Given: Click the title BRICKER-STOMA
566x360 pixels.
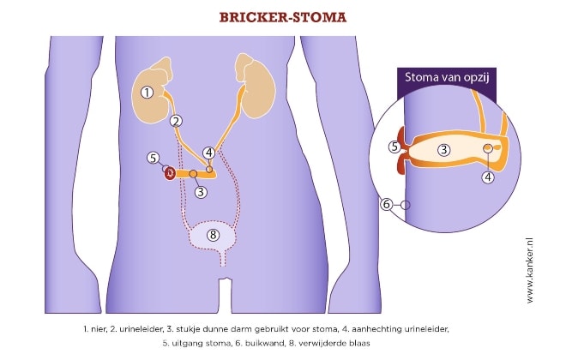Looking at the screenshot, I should click(x=283, y=16).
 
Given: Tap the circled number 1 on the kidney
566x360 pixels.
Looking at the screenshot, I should click(x=148, y=92).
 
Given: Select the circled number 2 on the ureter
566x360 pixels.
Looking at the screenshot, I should click(x=176, y=121).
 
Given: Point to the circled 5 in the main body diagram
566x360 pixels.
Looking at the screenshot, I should click(x=153, y=158).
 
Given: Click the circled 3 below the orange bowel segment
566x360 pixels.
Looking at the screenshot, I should click(x=200, y=192).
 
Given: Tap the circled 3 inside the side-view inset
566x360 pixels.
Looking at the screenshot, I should click(x=443, y=150).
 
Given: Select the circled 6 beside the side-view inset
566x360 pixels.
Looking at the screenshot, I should click(x=387, y=204).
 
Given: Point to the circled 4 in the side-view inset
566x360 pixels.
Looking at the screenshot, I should click(x=488, y=177).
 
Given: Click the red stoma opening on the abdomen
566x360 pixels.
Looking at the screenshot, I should click(x=171, y=174).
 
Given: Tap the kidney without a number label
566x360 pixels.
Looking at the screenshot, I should click(x=254, y=88).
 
